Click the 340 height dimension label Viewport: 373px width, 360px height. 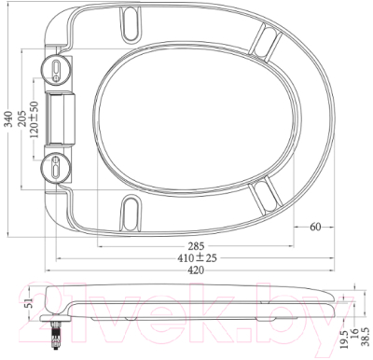coord(9,118)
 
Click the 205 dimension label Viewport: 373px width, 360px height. coord(22,118)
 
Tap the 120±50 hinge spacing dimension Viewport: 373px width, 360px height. coord(35,119)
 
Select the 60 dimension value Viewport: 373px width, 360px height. coord(315,227)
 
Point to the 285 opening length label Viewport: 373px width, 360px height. coord(196,246)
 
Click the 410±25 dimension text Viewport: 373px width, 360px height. coord(197,258)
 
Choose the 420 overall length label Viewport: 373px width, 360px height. coord(196,270)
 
